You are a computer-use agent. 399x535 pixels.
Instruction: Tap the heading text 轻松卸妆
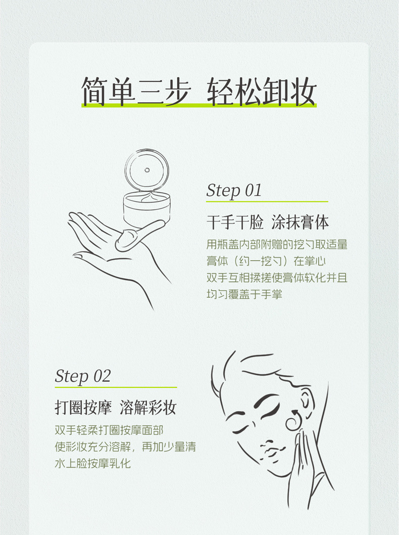click(262, 92)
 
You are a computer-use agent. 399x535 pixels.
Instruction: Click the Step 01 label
click(234, 191)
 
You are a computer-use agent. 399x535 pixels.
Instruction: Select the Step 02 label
click(83, 376)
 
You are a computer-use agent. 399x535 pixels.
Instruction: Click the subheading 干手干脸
click(235, 222)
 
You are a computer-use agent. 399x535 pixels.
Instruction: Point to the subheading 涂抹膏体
click(300, 222)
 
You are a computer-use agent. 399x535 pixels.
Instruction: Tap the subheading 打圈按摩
click(83, 408)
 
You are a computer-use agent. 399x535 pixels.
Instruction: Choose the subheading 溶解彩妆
click(148, 408)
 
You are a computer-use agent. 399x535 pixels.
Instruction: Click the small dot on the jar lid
click(147, 170)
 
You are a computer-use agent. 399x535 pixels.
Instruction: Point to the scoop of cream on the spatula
click(126, 239)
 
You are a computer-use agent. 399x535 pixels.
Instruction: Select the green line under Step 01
click(267, 202)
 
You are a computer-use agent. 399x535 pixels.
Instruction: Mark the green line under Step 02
click(116, 387)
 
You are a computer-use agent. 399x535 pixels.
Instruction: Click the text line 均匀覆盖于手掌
click(244, 294)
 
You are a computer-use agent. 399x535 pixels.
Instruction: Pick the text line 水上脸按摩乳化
click(93, 463)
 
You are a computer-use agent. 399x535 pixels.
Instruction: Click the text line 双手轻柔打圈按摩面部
click(109, 430)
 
